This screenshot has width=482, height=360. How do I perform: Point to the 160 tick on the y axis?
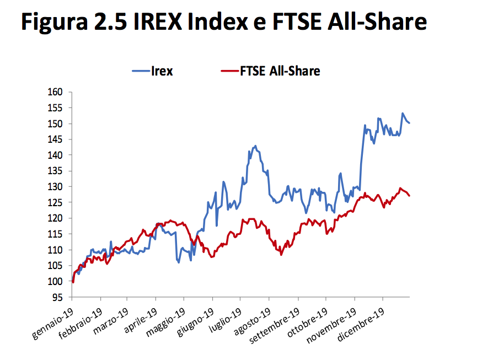(57, 92)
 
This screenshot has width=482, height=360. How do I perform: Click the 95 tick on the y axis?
(59, 298)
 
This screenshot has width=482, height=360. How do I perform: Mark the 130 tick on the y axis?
(57, 187)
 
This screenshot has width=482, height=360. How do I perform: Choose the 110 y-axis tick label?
(57, 250)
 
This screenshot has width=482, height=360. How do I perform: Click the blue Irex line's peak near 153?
(403, 114)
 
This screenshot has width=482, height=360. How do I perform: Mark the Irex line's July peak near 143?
(255, 146)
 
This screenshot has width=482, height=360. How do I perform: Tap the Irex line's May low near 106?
(179, 262)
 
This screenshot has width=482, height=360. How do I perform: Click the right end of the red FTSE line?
(409, 195)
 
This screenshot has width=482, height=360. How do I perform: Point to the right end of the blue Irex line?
(409, 123)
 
